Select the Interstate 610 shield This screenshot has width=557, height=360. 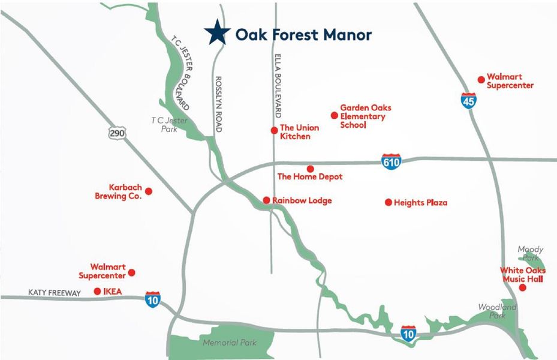pos(391,161)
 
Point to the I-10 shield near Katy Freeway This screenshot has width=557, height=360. pos(153,299)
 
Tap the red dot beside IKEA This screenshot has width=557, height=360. pos(97,292)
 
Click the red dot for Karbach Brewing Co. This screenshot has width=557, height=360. pos(149,191)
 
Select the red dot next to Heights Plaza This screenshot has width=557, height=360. pos(389,202)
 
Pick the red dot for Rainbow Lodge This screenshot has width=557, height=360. pos(266,200)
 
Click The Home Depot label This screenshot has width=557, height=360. pos(309,177)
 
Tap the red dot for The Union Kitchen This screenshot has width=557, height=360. pos(274,130)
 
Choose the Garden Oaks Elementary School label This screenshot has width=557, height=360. pos(365,116)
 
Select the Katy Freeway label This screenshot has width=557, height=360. pos(54,293)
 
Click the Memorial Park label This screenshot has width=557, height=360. pos(229,343)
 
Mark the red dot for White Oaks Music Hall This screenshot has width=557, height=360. pos(522,288)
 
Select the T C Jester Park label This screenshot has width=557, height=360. pos(170,125)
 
